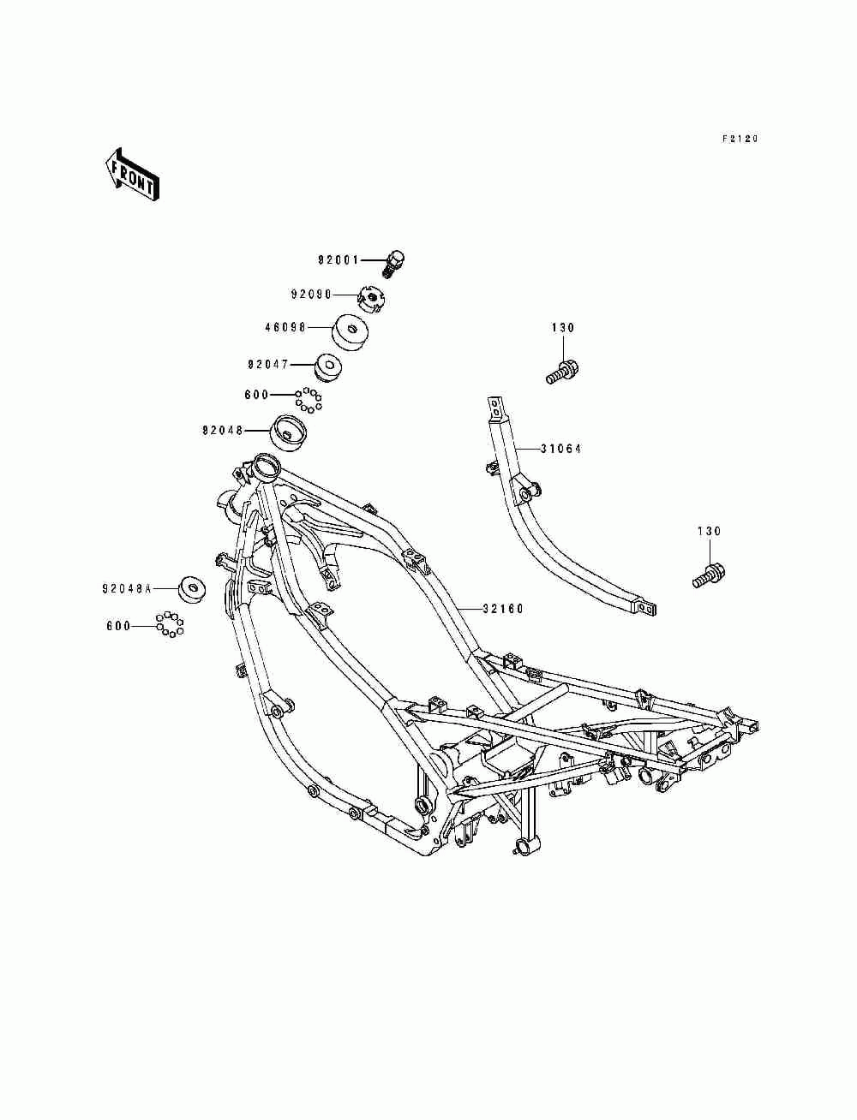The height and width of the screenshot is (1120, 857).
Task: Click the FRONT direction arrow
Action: (132, 175)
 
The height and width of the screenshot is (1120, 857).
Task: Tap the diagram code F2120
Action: (740, 139)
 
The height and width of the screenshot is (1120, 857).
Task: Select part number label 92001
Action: (339, 260)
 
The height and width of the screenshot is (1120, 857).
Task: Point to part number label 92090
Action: (312, 295)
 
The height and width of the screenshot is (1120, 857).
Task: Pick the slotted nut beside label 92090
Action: (372, 297)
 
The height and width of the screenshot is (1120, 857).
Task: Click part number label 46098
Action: (285, 327)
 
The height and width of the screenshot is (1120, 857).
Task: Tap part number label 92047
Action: (268, 364)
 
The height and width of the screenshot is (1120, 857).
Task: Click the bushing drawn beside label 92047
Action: (327, 366)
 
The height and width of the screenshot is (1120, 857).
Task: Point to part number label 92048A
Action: (127, 589)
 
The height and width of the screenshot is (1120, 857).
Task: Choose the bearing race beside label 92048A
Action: (192, 589)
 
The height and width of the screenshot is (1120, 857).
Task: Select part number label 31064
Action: (560, 449)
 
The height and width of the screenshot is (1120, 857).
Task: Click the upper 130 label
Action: (563, 328)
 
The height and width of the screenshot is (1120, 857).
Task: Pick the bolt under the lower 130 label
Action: (710, 576)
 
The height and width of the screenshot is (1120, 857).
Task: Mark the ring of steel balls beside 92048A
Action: (170, 624)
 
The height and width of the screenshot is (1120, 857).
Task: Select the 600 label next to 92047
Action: (257, 395)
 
